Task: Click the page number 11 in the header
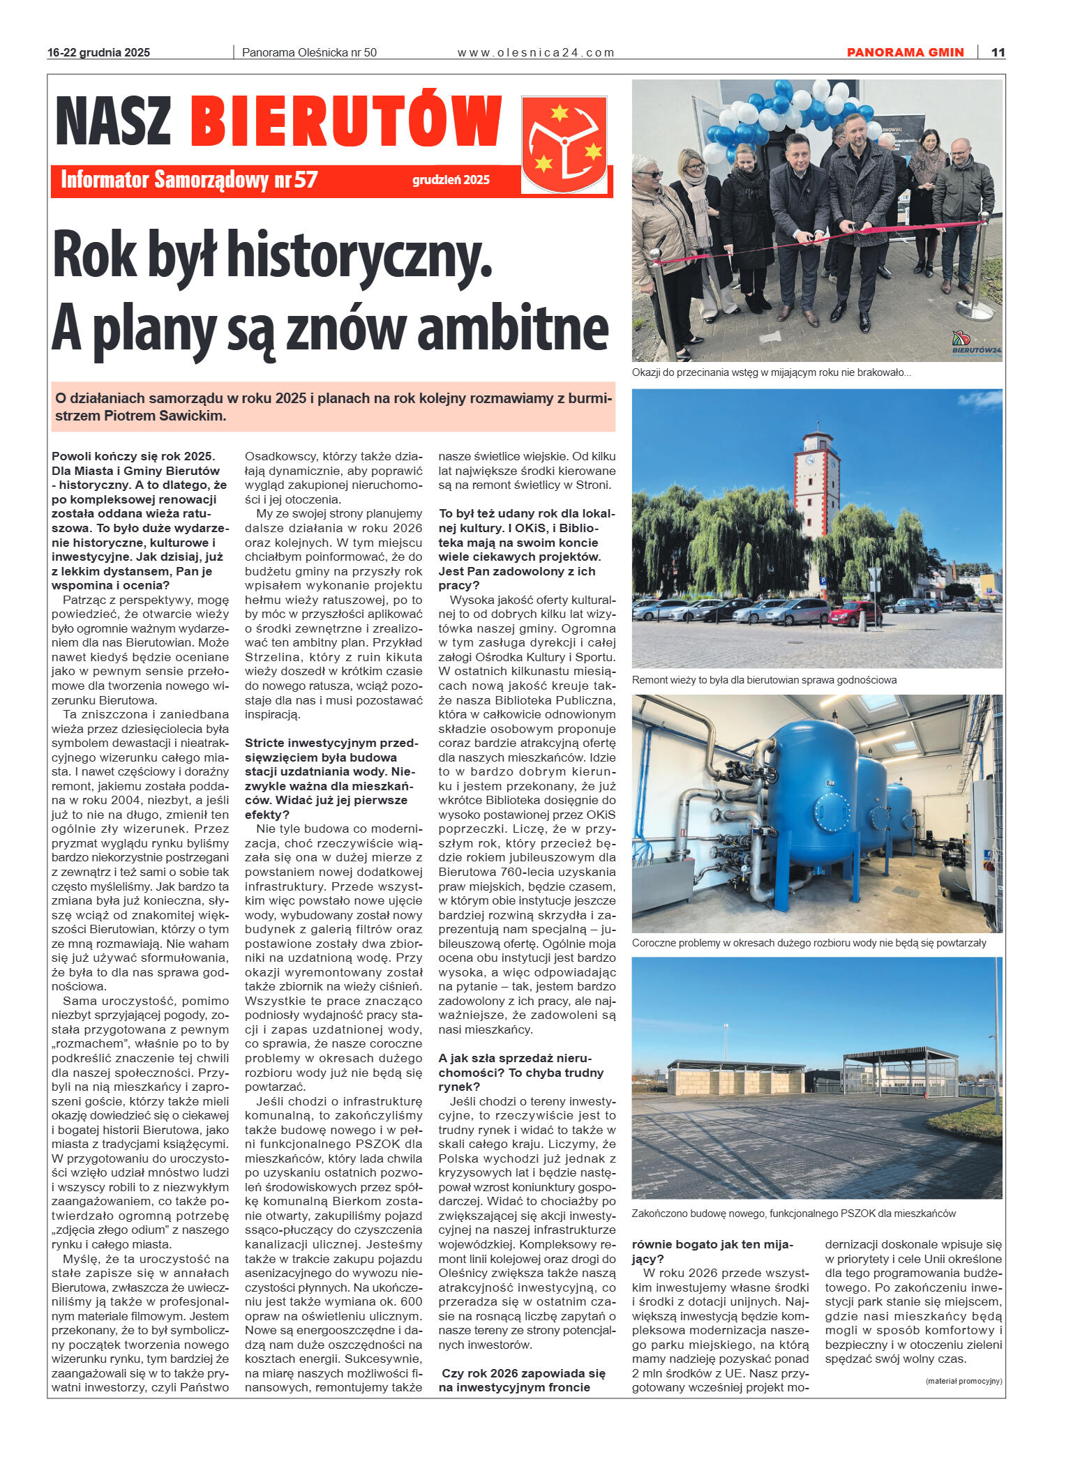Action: (998, 52)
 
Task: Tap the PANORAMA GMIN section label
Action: (905, 52)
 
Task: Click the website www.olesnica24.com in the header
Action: (535, 52)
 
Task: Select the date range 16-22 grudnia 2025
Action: (98, 52)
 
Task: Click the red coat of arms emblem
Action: (564, 144)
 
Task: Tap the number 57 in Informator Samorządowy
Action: (305, 179)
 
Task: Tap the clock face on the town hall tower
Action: (811, 460)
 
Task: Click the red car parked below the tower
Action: (855, 613)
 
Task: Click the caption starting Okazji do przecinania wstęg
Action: (771, 372)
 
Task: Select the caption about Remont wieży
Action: (764, 679)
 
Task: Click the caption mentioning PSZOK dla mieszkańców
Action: (793, 1213)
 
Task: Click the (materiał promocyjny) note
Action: (964, 1381)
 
